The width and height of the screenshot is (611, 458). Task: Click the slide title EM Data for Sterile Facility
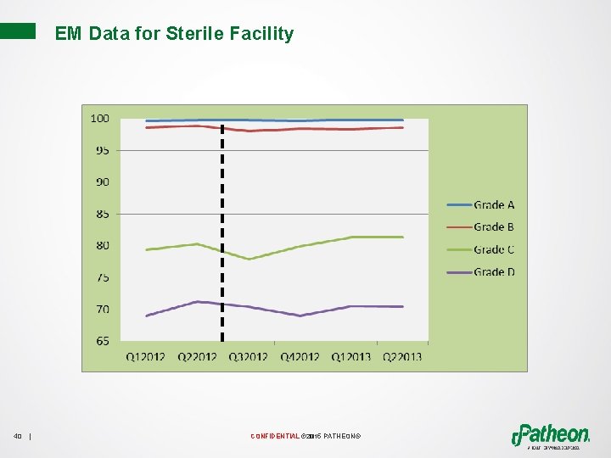point(174,34)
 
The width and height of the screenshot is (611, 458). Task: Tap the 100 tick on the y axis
point(100,119)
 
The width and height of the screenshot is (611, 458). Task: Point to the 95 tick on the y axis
point(102,150)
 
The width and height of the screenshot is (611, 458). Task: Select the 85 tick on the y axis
point(102,214)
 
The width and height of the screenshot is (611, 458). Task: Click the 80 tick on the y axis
point(102,246)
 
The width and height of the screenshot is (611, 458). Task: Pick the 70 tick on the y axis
point(102,310)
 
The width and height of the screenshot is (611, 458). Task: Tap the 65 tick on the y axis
point(102,341)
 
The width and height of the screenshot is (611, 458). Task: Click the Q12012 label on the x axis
point(146,357)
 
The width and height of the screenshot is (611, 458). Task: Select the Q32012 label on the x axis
point(249,357)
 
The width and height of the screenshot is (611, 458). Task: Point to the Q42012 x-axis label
point(300,357)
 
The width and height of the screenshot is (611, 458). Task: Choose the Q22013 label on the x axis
point(401,357)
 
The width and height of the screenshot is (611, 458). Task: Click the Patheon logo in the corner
point(551,433)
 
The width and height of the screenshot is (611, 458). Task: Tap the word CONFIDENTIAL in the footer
point(274,437)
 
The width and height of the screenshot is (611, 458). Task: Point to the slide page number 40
point(18,437)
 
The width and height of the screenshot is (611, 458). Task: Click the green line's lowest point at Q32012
point(249,260)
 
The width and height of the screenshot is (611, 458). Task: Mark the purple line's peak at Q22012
point(197,301)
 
